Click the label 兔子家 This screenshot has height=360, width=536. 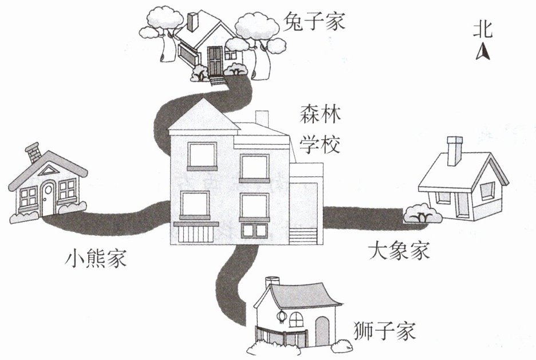point(314,23)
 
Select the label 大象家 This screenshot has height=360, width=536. point(399,251)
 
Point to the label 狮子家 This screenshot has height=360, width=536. point(384,331)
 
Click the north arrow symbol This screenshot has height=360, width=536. point(483,53)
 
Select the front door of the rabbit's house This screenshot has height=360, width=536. point(215,61)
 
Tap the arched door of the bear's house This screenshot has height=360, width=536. point(48,197)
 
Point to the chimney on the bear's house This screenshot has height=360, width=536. point(34,153)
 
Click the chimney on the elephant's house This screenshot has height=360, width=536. point(455,151)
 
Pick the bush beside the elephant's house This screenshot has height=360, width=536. point(423,216)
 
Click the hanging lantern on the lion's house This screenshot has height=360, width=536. point(281,317)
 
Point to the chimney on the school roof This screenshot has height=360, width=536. point(262,118)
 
